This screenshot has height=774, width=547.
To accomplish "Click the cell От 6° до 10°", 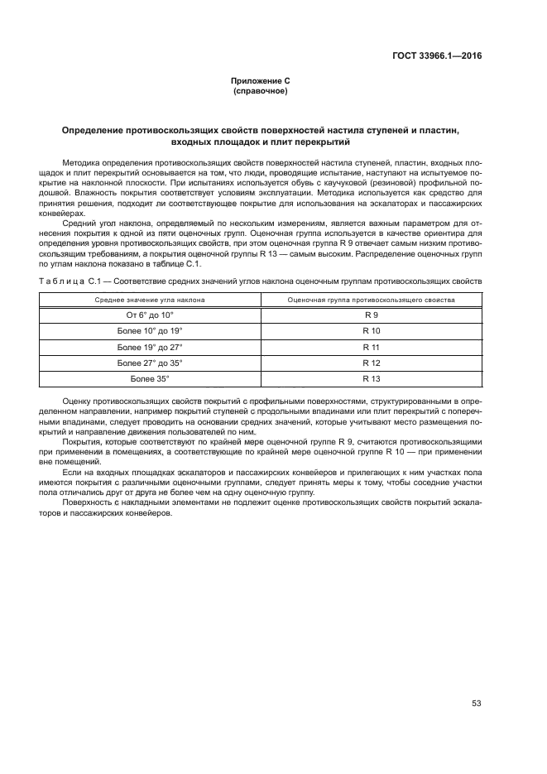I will (150, 315).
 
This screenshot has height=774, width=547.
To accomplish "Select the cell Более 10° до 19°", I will (150, 331).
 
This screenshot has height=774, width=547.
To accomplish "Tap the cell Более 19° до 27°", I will (150, 347).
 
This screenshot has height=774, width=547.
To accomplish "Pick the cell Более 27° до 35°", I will (150, 363).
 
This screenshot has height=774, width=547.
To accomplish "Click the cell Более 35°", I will (150, 378).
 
